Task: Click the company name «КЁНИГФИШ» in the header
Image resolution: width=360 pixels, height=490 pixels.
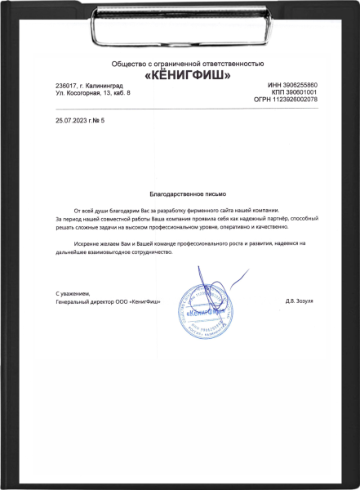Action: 187,75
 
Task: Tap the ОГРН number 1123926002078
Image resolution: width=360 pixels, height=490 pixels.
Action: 300,100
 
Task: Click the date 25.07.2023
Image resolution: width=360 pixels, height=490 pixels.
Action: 69,120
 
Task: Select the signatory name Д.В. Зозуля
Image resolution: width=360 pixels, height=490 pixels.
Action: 298,301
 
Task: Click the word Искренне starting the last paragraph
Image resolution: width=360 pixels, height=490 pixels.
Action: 87,244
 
